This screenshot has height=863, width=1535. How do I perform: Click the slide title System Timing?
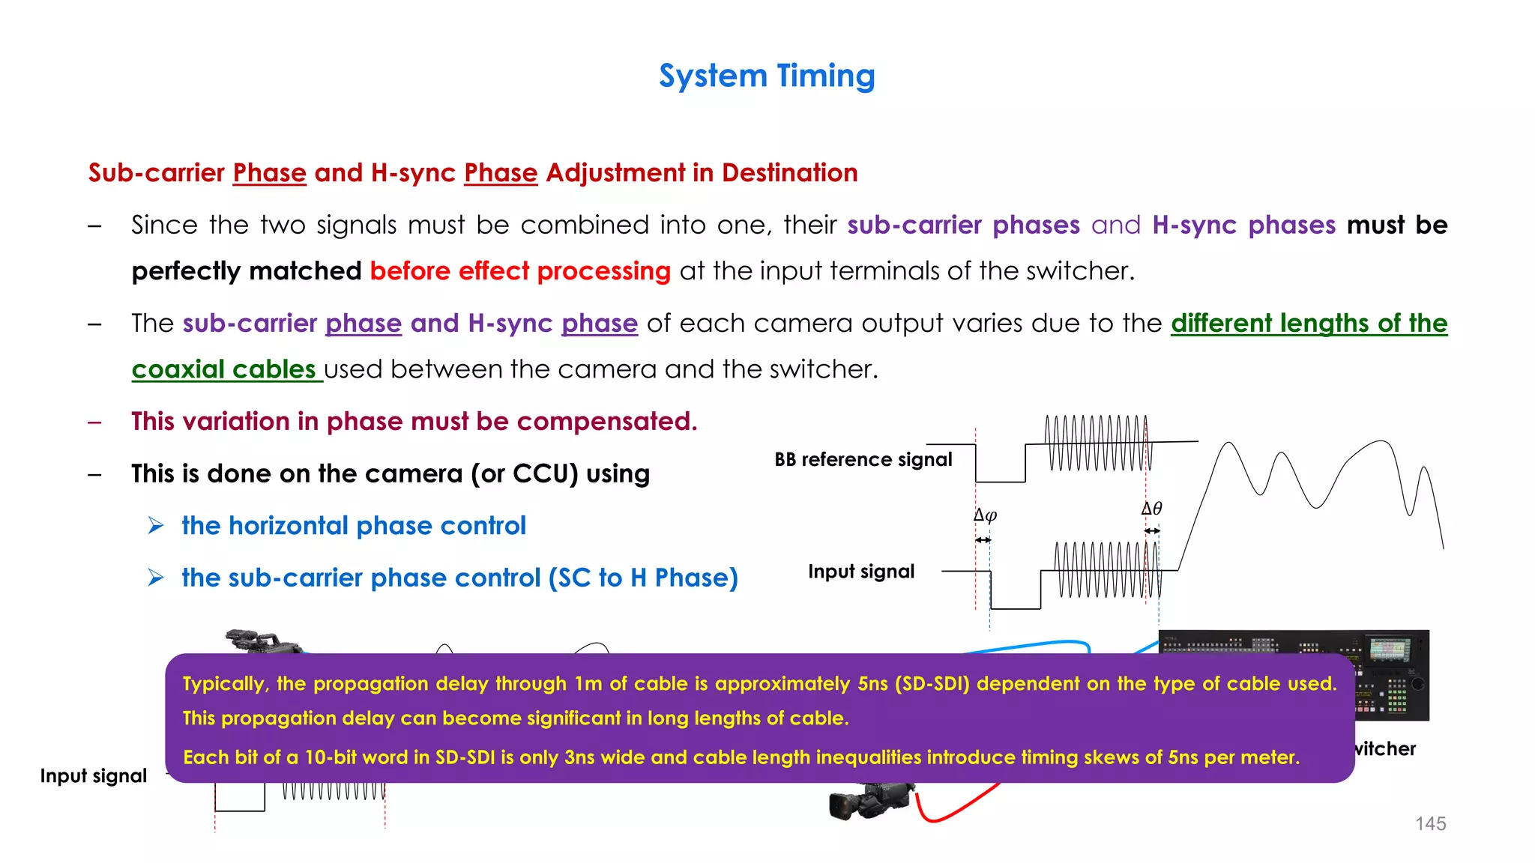pyautogui.click(x=767, y=76)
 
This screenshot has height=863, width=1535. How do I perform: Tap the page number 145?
pyautogui.click(x=1430, y=823)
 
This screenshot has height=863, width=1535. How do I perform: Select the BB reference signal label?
pyautogui.click(x=863, y=459)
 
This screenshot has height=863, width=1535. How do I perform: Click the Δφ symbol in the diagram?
pyautogui.click(x=985, y=515)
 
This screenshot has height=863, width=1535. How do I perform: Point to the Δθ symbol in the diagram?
pyautogui.click(x=1151, y=509)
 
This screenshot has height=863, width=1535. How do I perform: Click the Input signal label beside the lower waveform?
pyautogui.click(x=861, y=572)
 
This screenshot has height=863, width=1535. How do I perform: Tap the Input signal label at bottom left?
pyautogui.click(x=93, y=775)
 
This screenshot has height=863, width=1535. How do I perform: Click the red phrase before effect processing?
pyautogui.click(x=520, y=271)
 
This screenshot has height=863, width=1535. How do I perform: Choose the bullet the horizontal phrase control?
pyautogui.click(x=353, y=526)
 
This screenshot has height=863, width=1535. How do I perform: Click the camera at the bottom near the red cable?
pyautogui.click(x=869, y=800)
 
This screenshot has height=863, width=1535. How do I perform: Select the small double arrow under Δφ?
pyautogui.click(x=983, y=539)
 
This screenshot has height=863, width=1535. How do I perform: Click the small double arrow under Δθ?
pyautogui.click(x=1152, y=530)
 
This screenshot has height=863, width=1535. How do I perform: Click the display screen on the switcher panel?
pyautogui.click(x=1389, y=648)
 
